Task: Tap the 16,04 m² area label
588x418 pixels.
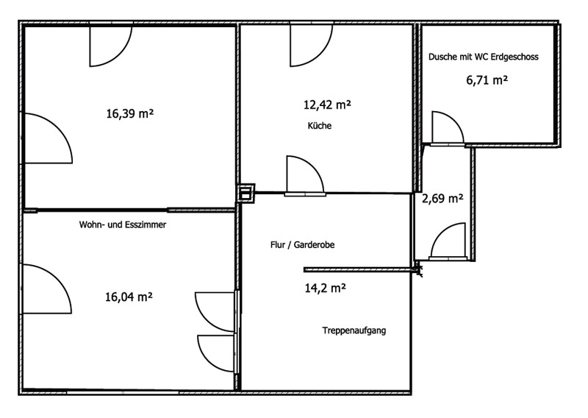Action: click(x=129, y=297)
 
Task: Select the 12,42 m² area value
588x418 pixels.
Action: click(x=327, y=105)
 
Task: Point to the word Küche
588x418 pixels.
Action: click(x=320, y=126)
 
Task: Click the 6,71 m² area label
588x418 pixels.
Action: click(x=487, y=79)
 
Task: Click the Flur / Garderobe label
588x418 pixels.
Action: click(x=303, y=245)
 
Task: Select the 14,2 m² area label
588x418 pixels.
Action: click(x=325, y=288)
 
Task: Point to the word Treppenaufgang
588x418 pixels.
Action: click(x=354, y=330)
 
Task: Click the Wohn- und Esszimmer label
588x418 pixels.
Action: click(x=123, y=226)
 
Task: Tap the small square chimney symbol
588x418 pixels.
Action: click(x=245, y=193)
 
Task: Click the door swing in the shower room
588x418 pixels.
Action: click(x=445, y=127)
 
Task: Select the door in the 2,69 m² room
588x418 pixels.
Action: click(x=448, y=242)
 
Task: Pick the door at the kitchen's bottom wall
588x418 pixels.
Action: click(x=304, y=177)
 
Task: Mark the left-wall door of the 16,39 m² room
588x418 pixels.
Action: click(x=47, y=138)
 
